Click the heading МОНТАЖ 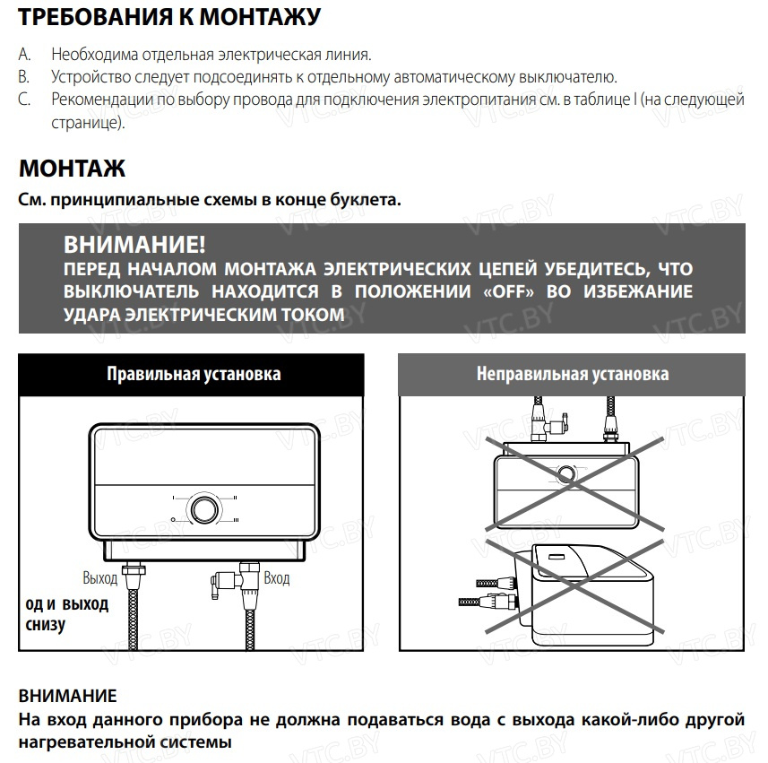(72, 169)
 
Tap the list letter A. (24, 56)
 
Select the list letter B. (24, 77)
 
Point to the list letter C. (24, 99)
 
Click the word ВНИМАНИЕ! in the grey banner (134, 245)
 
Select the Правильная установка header (194, 374)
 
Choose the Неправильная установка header (572, 374)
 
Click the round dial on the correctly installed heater (202, 508)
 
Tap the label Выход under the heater (99, 578)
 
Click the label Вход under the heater (277, 578)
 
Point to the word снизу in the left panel (45, 625)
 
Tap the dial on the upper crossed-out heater (567, 473)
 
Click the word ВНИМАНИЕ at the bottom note (67, 696)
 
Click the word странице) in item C (88, 121)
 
